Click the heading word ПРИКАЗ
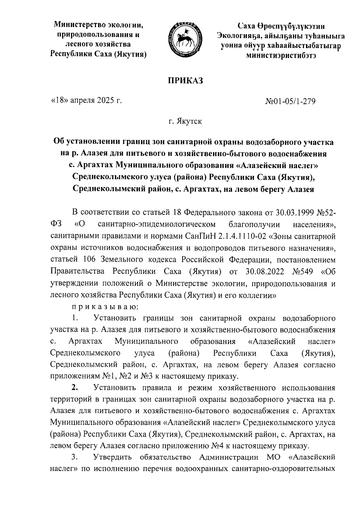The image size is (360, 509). pos(185,81)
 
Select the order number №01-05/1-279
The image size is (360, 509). pos(290,102)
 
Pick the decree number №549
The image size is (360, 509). pos(302,271)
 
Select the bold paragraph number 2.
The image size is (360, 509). pos(75,388)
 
